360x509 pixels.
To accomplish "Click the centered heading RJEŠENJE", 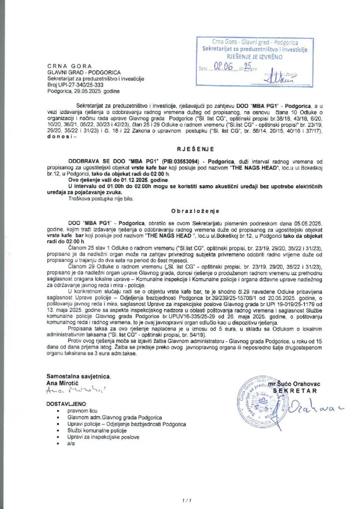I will coord(180,148).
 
